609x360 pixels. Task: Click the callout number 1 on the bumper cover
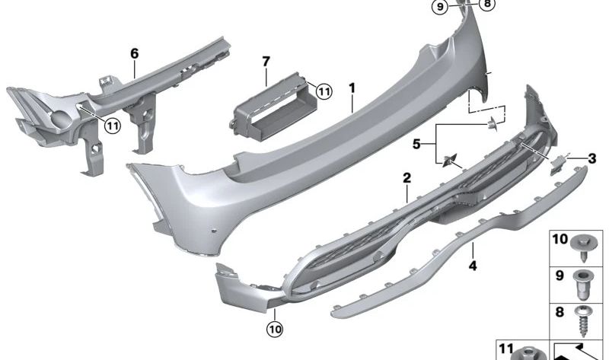point(352,89)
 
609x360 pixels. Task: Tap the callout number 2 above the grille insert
point(407,177)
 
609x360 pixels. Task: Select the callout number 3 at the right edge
point(591,158)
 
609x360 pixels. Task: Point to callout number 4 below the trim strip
point(473,266)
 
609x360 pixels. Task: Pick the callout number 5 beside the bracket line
point(416,142)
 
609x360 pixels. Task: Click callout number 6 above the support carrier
point(135,53)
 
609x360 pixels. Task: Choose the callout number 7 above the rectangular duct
point(266,60)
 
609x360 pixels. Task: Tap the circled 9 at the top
point(439,7)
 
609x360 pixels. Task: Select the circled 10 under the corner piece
point(273,329)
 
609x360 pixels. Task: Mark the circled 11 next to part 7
point(324,91)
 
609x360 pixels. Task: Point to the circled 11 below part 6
point(112,126)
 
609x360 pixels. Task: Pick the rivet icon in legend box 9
point(585,281)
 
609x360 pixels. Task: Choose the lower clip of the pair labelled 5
point(448,160)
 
